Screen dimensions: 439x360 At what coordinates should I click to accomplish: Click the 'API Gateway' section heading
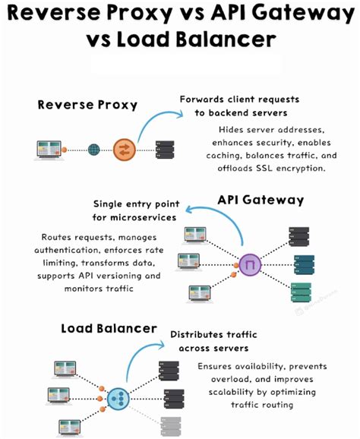(x=261, y=200)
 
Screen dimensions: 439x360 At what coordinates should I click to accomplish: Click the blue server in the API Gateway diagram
(x=303, y=264)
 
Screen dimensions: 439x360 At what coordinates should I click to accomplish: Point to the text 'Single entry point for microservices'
(x=136, y=211)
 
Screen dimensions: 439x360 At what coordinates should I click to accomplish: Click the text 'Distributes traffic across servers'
(x=210, y=341)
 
